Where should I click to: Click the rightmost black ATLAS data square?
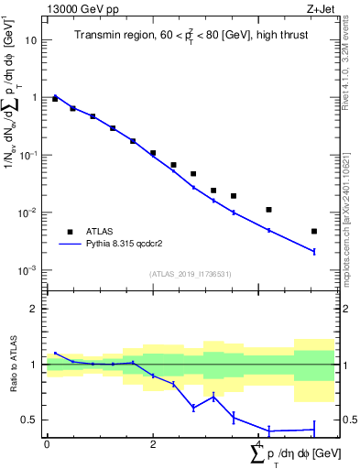click(x=314, y=232)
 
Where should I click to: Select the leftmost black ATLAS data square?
click(x=55, y=98)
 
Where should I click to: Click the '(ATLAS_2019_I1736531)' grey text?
click(x=190, y=274)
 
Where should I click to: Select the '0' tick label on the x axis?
click(x=47, y=443)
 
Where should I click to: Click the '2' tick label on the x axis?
click(x=153, y=443)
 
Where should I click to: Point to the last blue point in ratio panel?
click(x=314, y=430)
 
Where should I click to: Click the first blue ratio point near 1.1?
click(x=55, y=353)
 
